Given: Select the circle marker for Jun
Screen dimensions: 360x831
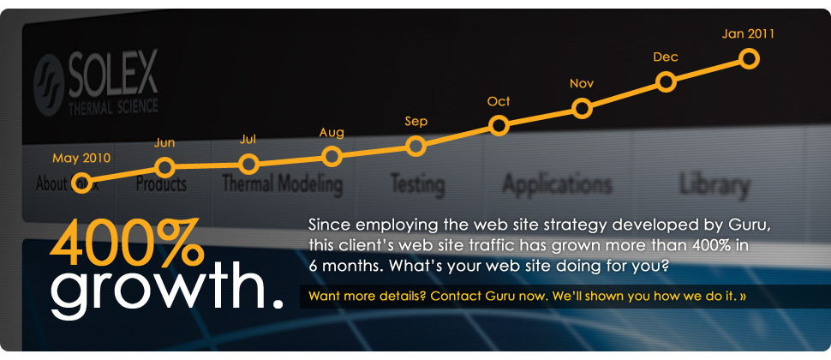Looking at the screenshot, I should tap(165, 166).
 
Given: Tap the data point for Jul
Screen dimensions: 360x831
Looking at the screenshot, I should tap(248, 163).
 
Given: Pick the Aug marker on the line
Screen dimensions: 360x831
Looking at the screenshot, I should tap(332, 156).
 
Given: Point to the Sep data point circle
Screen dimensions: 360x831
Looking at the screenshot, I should tap(415, 146).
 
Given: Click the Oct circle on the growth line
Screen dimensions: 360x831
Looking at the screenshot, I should tap(499, 126).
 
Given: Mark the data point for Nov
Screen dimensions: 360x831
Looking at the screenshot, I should tap(583, 108).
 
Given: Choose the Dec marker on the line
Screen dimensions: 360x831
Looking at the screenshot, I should tap(666, 81).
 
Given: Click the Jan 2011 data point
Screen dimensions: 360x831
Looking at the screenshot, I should tap(749, 58).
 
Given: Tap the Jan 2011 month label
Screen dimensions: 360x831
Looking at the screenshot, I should tap(748, 34).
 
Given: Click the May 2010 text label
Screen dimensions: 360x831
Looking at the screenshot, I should tap(81, 158).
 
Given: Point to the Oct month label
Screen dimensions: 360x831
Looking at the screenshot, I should tap(499, 101).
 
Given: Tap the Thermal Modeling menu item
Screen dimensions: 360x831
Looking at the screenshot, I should tap(282, 184).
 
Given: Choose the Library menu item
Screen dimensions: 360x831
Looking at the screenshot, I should tap(714, 184).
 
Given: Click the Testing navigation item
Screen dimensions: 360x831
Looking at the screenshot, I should tap(417, 184).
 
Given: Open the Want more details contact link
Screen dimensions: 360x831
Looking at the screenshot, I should tap(527, 297).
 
